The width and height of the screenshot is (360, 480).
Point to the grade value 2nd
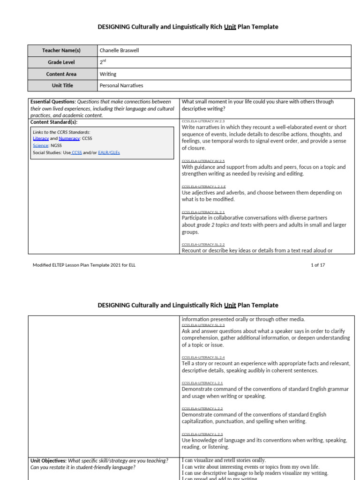pyautogui.click(x=103, y=62)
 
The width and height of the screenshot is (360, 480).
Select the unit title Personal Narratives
pyautogui.click(x=121, y=86)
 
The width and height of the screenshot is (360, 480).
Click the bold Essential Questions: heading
pyautogui.click(x=52, y=102)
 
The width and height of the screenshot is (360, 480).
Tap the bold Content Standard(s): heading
pyautogui.click(x=54, y=122)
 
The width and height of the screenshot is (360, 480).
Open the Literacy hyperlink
pyautogui.click(x=41, y=139)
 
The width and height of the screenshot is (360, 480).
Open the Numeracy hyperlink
pyautogui.click(x=69, y=139)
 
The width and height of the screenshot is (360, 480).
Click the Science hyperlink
pyautogui.click(x=41, y=146)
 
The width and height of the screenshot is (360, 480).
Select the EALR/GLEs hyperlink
pyautogui.click(x=109, y=152)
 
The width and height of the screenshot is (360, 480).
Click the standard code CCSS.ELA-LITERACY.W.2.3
pyautogui.click(x=203, y=121)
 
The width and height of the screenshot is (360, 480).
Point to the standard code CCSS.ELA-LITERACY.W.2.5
pyautogui.click(x=203, y=161)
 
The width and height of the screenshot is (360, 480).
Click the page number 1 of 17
pyautogui.click(x=318, y=265)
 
